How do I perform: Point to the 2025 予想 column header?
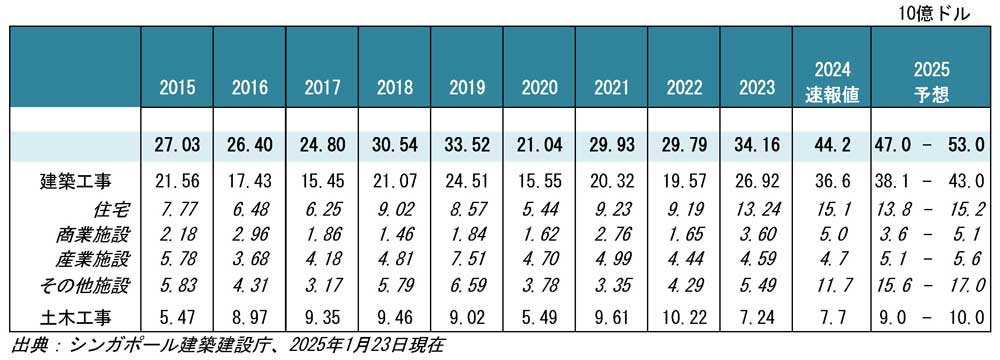[931, 82]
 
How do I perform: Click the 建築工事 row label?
[75, 182]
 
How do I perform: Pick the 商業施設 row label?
[93, 234]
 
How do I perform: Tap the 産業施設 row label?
[93, 259]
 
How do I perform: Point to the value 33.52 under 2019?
[466, 145]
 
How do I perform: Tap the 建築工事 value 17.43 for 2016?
[249, 182]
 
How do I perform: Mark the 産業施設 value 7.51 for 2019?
[466, 259]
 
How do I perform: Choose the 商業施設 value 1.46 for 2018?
[394, 234]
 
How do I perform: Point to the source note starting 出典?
[227, 345]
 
